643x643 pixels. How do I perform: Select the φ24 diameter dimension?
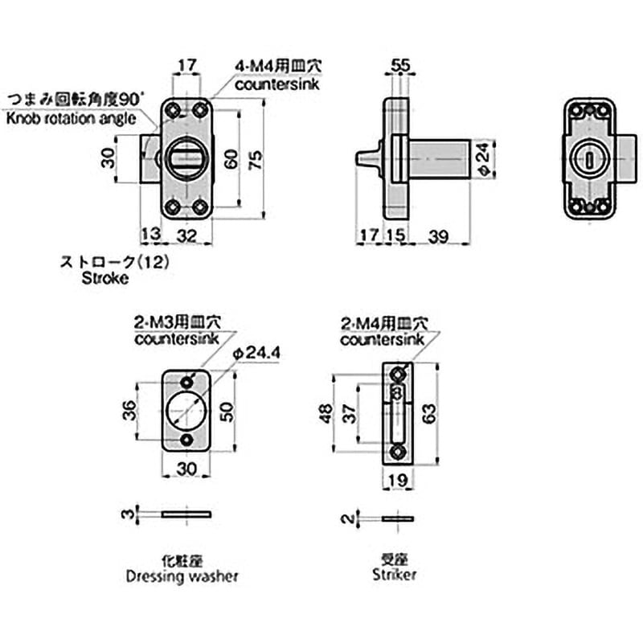click(x=481, y=160)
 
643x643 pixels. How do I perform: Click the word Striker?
click(x=395, y=575)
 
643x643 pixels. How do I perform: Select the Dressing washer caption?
click(x=184, y=575)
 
